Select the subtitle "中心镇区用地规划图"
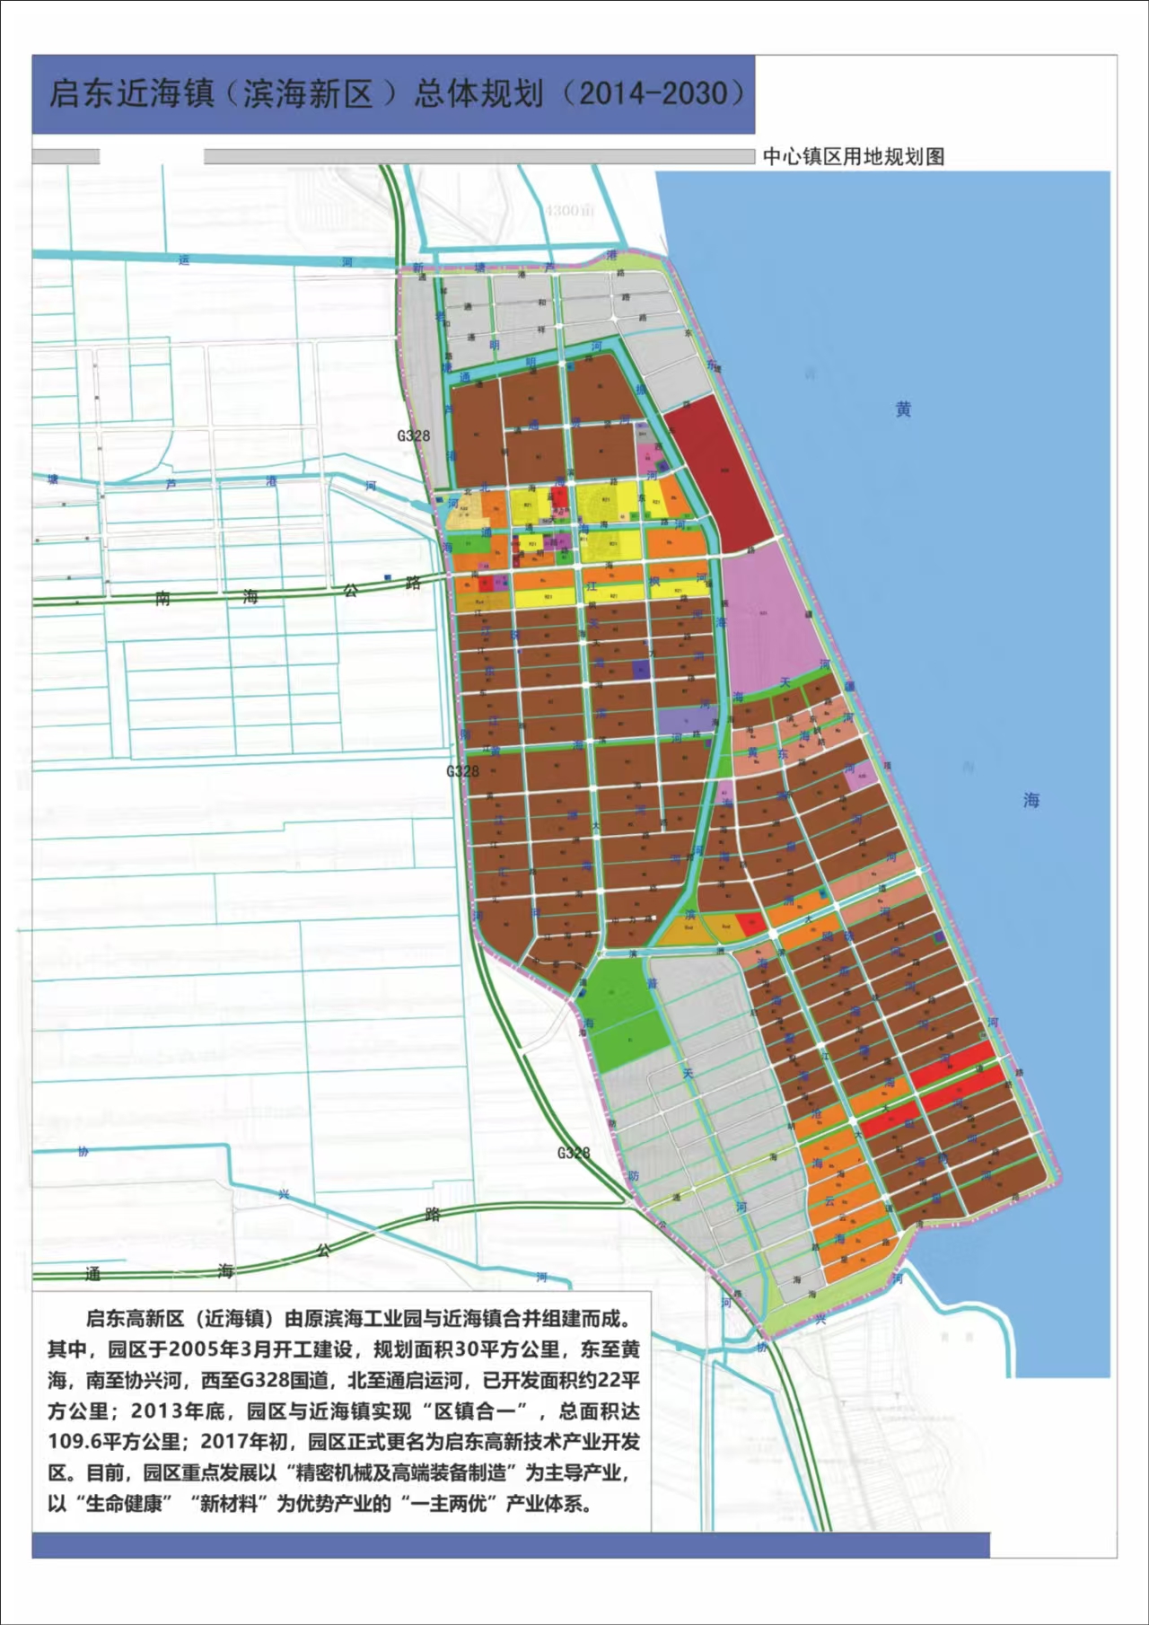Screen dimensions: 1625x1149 pyautogui.click(x=853, y=156)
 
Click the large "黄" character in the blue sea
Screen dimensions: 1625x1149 pyautogui.click(x=903, y=409)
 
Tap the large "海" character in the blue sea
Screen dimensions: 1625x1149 pyautogui.click(x=1031, y=799)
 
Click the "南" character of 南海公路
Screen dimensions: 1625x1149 pyautogui.click(x=162, y=598)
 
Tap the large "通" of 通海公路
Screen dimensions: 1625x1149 pyautogui.click(x=92, y=1273)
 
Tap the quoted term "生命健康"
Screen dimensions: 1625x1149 pyautogui.click(x=123, y=1503)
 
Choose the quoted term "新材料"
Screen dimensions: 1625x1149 pyautogui.click(x=226, y=1503)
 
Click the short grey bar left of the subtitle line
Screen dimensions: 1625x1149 pyautogui.click(x=66, y=156)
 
